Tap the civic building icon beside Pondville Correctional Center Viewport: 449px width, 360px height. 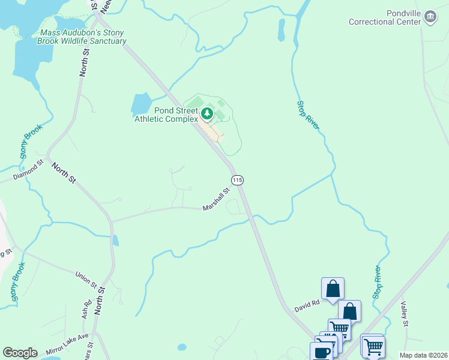point(430,17)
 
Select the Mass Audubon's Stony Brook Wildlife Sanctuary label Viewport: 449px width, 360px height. point(83,37)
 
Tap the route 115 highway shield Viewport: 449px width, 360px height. point(237,180)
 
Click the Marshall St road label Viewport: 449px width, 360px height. point(216,200)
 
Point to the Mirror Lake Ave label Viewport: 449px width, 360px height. point(67,344)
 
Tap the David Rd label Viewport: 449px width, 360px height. point(306,307)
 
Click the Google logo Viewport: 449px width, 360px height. point(20,353)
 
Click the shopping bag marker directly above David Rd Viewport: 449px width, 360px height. point(333,289)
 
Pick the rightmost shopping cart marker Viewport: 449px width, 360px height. point(373,346)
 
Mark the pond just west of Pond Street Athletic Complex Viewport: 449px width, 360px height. point(140,103)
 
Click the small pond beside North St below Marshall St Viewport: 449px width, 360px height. point(115,241)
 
